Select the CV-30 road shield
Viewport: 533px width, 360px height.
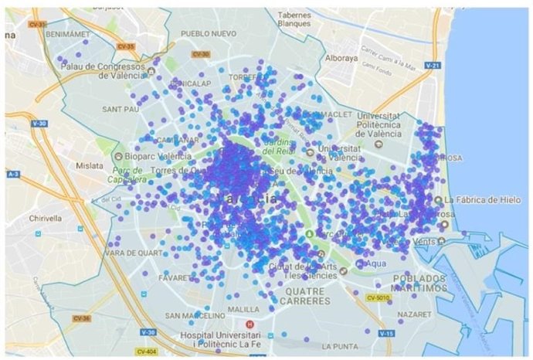(199, 54)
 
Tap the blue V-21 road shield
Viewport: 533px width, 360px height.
(433, 66)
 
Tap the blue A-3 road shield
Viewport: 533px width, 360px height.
(13, 175)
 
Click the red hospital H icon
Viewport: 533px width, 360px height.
(249, 324)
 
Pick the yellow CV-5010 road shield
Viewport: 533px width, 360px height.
(377, 297)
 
